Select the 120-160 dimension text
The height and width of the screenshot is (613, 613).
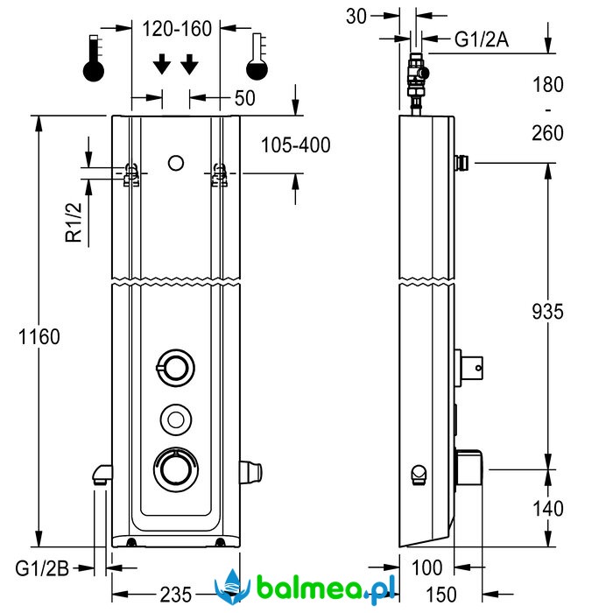[178, 29]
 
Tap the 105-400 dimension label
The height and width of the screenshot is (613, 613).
[296, 145]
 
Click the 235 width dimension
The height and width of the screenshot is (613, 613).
[178, 594]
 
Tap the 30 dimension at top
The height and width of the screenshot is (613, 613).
[356, 15]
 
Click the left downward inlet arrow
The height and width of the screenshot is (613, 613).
[161, 65]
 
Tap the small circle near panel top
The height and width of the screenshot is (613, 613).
[175, 162]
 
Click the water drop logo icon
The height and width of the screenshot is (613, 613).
[234, 585]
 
